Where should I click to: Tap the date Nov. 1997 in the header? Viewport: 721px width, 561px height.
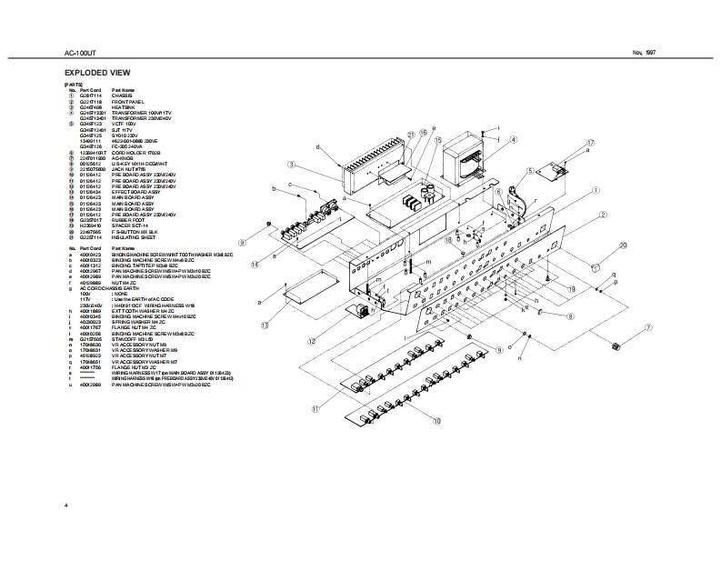point(644,54)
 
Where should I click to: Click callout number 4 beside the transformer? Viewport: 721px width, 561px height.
point(513,140)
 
